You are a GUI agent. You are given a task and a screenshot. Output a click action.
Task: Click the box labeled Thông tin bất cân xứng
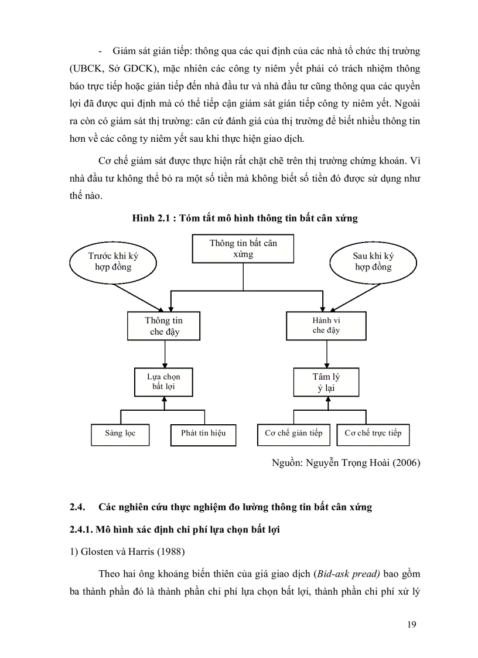pos(243,248)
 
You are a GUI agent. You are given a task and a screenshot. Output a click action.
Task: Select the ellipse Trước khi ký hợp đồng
pos(113,262)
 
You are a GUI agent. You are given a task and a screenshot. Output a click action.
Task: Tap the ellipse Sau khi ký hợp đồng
pos(373,262)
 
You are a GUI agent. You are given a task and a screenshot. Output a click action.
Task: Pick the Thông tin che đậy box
pos(164,326)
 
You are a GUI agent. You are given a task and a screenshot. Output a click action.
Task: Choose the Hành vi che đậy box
pos(326,326)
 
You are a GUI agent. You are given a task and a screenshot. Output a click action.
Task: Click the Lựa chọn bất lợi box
pos(164,381)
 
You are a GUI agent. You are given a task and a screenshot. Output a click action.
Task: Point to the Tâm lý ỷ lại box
pos(326,381)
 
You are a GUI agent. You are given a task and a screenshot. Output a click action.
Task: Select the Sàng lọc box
pos(120,434)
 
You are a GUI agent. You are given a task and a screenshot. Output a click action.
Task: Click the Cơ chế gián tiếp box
pos(293,434)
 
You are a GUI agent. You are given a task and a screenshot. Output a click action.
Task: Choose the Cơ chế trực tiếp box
pos(373,434)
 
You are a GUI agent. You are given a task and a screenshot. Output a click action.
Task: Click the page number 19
pos(411,625)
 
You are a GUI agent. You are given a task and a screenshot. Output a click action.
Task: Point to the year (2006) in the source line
pos(406,462)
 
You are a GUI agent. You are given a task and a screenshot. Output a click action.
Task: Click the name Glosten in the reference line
pos(99,551)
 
